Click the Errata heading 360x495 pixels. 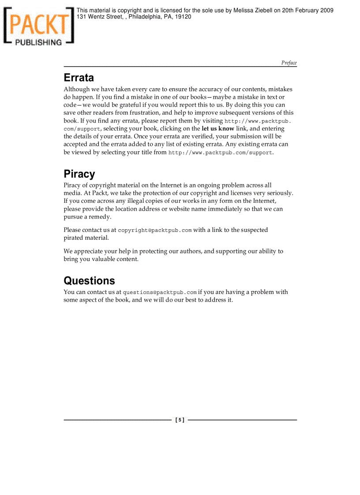[x=79, y=78]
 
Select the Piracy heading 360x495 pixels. [x=79, y=174]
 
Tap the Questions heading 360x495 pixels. [x=89, y=281]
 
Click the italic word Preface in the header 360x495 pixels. [x=289, y=63]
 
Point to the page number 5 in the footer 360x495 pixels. [x=180, y=420]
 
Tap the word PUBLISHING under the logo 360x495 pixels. [x=39, y=42]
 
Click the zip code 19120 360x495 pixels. [x=183, y=17]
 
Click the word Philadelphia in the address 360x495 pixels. [x=145, y=17]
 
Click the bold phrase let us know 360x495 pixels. [x=218, y=129]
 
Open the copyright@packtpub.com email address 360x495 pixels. [x=155, y=230]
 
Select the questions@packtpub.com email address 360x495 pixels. [x=160, y=292]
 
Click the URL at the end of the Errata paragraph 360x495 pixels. [x=220, y=153]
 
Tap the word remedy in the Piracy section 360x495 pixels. [x=100, y=217]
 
